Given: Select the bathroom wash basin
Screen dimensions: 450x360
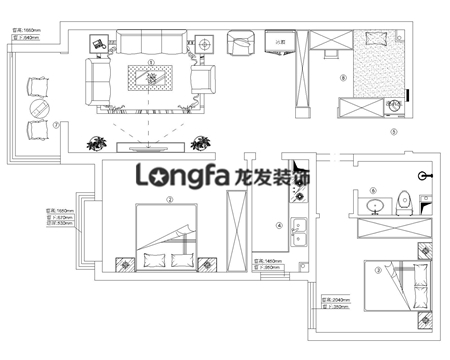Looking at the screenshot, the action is [375, 206].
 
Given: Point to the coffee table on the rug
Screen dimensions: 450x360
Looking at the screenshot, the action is [151, 76].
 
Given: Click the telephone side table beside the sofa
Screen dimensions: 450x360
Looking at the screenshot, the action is [99, 44].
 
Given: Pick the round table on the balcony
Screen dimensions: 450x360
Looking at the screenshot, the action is [39, 107].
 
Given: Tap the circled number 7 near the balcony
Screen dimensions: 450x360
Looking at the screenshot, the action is [57, 125].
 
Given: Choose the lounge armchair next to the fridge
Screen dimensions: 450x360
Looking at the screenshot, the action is [241, 45].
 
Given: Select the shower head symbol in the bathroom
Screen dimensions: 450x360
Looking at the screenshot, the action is [427, 173].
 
